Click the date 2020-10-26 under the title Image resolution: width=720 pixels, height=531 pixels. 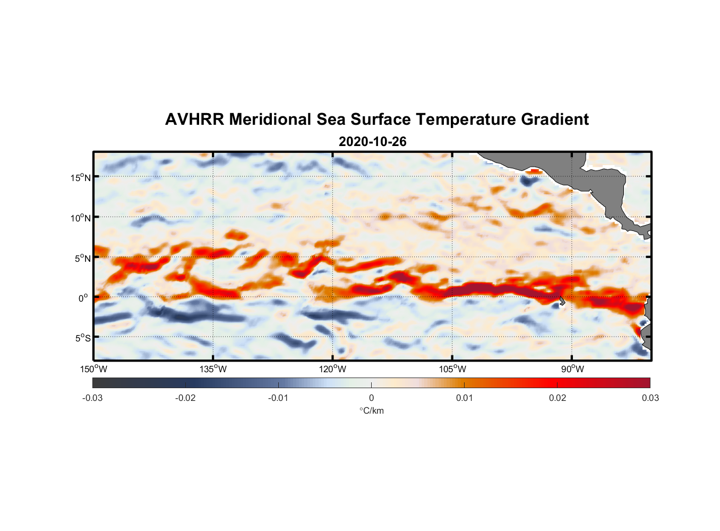coord(372,142)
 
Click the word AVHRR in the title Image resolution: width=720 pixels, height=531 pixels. coord(194,119)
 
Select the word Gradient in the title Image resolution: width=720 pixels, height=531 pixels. coord(555,119)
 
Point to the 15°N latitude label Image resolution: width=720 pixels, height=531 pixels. coord(81,177)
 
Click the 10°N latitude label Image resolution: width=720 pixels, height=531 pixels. coord(81,218)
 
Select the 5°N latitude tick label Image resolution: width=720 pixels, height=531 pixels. coord(82,258)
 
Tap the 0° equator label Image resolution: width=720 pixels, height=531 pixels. coord(83,298)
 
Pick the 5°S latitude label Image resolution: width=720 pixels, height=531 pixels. coord(82,338)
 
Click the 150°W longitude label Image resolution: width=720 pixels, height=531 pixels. coord(94,369)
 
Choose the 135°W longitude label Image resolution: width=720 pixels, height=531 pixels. coord(213,369)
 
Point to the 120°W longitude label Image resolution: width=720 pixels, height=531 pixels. coord(333,369)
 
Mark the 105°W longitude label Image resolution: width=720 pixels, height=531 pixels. coord(452,369)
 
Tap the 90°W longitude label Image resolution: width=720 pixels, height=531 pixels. coord(572,369)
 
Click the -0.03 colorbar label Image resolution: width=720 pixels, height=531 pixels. coord(92,398)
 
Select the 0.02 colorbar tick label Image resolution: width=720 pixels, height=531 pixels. coord(558,398)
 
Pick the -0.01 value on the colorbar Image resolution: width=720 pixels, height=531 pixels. coord(278,398)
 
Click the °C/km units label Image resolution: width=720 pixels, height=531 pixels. coord(371,410)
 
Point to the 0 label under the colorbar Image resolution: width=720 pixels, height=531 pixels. coord(371,398)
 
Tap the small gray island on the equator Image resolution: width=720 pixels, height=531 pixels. coord(561,302)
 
